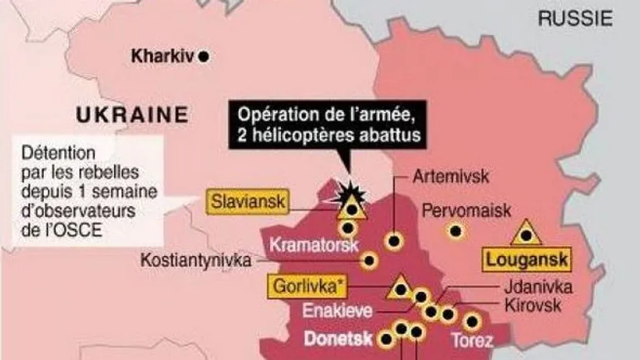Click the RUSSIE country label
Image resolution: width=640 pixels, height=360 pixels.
click(x=575, y=17)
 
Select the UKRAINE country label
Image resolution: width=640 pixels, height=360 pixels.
click(x=130, y=115)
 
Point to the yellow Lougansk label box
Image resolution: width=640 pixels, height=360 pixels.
click(x=527, y=261)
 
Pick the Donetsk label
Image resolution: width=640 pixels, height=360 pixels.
click(x=337, y=339)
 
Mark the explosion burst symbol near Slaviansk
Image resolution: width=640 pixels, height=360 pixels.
click(x=342, y=193)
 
